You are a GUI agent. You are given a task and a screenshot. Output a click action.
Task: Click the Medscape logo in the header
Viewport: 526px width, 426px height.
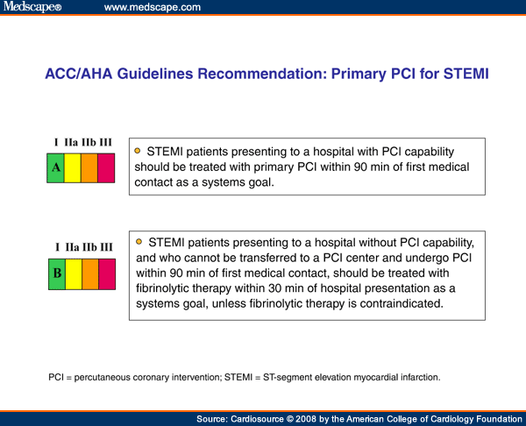[32, 8]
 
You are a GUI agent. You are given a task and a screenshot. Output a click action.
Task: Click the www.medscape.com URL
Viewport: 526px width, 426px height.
[152, 8]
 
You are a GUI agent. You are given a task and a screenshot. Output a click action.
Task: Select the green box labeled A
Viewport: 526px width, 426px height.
[55, 167]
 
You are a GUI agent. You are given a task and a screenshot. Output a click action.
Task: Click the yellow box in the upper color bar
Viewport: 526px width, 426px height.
[72, 167]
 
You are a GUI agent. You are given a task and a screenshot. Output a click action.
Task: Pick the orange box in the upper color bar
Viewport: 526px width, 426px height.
[89, 167]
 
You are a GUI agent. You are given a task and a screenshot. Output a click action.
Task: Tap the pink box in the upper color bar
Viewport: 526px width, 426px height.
[106, 167]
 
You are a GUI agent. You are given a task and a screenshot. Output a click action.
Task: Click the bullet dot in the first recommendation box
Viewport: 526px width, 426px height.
[138, 150]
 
